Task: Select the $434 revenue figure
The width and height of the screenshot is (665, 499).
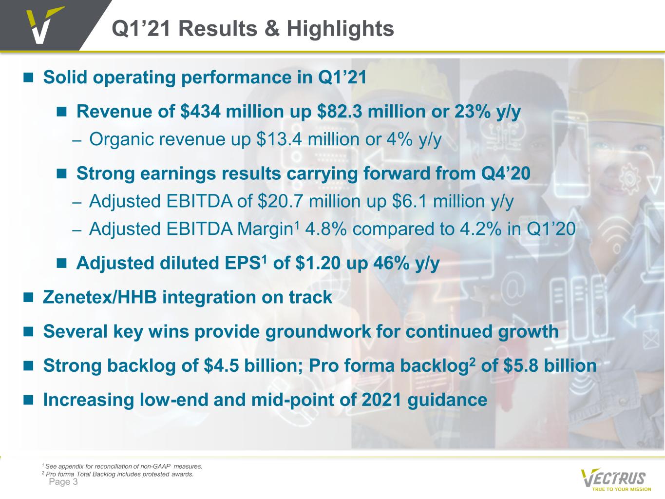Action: (200, 112)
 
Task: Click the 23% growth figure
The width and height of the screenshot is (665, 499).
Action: (472, 112)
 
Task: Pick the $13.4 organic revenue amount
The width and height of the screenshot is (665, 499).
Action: (279, 139)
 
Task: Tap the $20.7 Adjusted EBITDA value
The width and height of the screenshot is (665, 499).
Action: (280, 201)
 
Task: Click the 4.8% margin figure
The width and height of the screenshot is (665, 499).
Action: (326, 229)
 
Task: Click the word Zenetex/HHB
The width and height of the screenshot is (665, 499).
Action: (100, 297)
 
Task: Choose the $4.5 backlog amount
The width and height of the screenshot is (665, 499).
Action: (222, 365)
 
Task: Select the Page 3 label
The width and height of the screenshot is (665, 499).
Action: (63, 482)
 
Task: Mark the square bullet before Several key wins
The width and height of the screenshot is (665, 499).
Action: (28, 332)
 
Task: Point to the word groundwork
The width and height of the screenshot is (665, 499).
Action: (318, 332)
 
